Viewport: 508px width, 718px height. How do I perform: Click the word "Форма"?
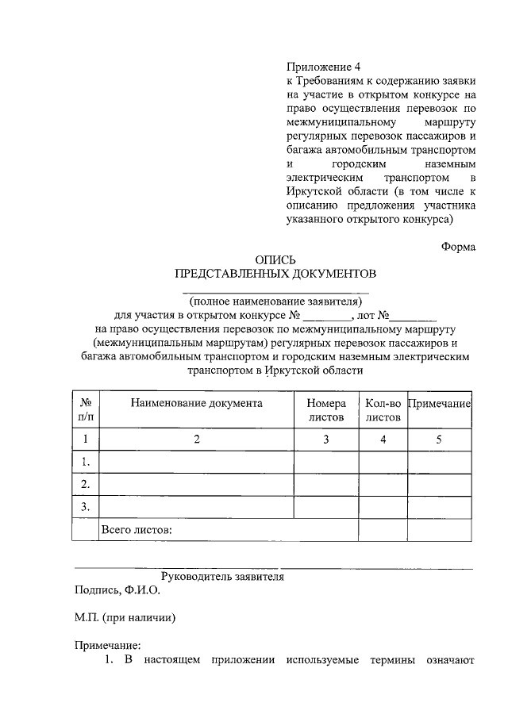coord(458,246)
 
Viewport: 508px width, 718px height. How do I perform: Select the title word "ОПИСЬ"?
coord(275,259)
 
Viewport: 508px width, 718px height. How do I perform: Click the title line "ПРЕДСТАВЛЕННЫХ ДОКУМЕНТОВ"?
coord(275,274)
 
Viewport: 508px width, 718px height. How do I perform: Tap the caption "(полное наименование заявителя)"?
coord(275,301)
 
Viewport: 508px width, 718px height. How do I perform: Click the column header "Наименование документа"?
coord(197,403)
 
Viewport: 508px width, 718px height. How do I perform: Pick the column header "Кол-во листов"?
coord(383,409)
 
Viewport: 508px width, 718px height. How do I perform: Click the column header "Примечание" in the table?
coord(440,404)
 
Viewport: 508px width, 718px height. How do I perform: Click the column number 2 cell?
coord(197,439)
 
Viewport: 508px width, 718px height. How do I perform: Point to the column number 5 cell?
coord(440,439)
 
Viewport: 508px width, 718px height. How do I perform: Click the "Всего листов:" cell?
coord(136,529)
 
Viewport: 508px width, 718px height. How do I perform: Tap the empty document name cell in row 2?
coord(197,483)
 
